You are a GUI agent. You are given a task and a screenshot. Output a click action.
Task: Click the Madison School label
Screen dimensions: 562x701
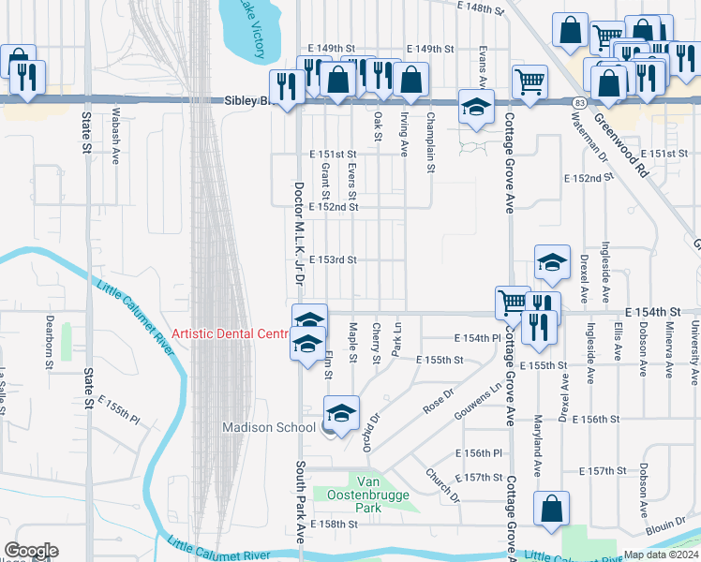click(x=268, y=428)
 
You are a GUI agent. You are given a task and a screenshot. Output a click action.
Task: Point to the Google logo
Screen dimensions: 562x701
click(x=30, y=551)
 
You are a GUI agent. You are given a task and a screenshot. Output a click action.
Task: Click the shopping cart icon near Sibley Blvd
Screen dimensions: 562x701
click(x=530, y=82)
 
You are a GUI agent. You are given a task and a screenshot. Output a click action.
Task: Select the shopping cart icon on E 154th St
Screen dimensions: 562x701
click(x=512, y=302)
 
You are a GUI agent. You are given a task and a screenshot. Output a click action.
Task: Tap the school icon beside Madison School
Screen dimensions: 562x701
click(x=341, y=412)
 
